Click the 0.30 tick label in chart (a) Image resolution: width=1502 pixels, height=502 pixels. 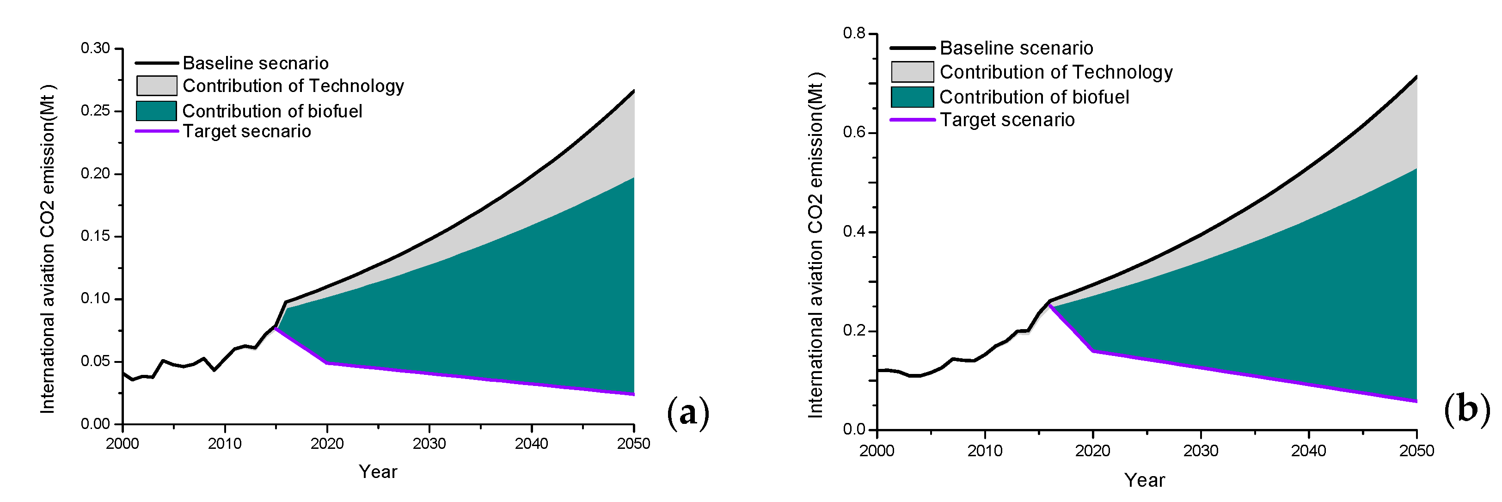point(95,49)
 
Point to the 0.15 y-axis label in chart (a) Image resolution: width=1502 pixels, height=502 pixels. point(95,236)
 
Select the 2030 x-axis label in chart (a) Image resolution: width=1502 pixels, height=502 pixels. point(429,444)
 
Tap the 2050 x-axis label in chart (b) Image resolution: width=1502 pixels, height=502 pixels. point(1416,451)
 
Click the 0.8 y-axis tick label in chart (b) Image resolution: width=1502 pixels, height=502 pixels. point(854,33)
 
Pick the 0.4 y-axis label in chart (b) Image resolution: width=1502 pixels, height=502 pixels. point(854,232)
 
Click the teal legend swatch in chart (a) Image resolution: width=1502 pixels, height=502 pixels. point(156,111)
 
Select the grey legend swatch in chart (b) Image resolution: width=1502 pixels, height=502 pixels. point(912,72)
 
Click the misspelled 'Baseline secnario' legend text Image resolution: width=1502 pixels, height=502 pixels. point(255,63)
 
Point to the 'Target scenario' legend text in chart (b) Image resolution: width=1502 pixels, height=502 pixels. point(1007,120)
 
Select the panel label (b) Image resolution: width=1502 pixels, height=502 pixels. point(1466,409)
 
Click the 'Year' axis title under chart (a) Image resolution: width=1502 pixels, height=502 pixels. point(378,471)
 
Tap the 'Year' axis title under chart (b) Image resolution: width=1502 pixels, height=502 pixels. point(1145,480)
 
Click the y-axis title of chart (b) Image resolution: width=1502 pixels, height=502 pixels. point(815,245)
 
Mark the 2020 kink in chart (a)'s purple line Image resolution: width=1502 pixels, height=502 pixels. point(326,363)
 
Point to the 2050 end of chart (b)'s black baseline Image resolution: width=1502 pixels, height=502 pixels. point(1416,76)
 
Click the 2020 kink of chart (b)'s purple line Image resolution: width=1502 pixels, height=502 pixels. point(1093,351)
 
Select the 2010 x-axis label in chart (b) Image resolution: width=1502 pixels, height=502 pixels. point(985,451)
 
